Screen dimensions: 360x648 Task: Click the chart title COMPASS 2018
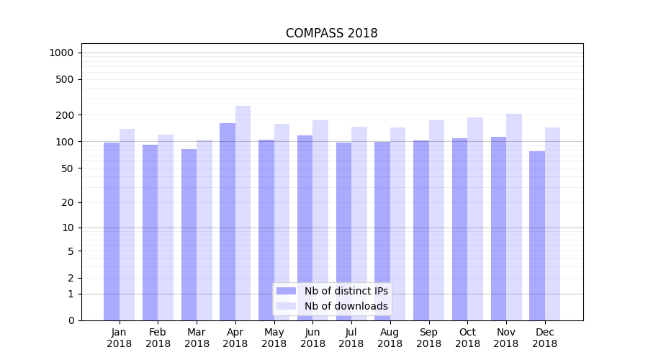331,33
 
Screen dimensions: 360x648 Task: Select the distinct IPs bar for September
421,230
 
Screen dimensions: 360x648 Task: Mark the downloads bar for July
359,223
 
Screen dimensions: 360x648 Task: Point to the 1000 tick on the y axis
61,53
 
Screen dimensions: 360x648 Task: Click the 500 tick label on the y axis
64,79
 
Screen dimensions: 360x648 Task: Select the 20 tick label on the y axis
67,202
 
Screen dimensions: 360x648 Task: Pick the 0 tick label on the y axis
70,320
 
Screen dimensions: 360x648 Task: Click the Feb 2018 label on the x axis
158,338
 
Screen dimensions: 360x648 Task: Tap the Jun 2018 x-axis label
312,338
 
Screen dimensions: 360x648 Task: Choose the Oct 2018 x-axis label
467,338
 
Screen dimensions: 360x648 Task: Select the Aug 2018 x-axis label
390,338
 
